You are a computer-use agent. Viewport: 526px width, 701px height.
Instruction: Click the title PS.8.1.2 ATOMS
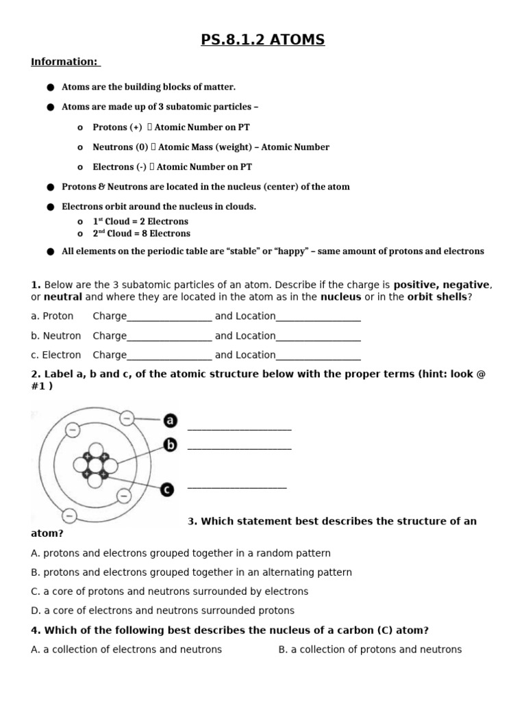(x=263, y=40)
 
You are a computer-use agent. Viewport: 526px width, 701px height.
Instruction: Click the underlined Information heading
(x=65, y=62)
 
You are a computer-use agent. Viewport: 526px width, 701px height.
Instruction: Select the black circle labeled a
(x=170, y=420)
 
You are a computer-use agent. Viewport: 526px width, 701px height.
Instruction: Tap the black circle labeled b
(x=170, y=445)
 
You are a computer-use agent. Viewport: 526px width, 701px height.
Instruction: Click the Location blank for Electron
(x=318, y=356)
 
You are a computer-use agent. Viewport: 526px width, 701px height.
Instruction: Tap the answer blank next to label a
(x=239, y=428)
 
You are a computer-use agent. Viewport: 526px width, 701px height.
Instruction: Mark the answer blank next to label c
(x=236, y=487)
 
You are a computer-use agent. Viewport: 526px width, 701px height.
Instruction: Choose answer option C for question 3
(x=170, y=591)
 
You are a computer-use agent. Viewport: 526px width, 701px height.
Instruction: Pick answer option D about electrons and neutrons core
(x=163, y=611)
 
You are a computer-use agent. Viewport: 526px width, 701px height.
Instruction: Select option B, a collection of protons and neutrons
(x=370, y=650)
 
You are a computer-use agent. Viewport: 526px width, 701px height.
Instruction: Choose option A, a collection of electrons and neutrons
(x=127, y=650)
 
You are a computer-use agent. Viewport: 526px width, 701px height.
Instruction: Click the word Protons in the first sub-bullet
(x=110, y=127)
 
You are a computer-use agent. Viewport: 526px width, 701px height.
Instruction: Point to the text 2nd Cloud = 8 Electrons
(x=141, y=233)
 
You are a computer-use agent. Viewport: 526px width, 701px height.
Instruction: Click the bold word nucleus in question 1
(x=340, y=297)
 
